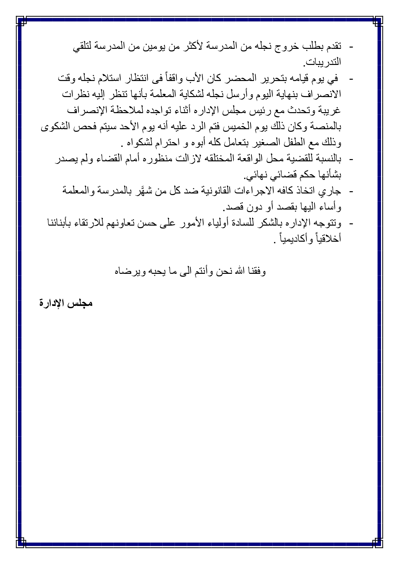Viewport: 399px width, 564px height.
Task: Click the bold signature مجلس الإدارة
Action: point(66,303)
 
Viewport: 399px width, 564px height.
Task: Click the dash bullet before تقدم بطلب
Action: point(351,47)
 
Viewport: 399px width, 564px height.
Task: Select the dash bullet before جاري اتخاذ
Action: point(351,192)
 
